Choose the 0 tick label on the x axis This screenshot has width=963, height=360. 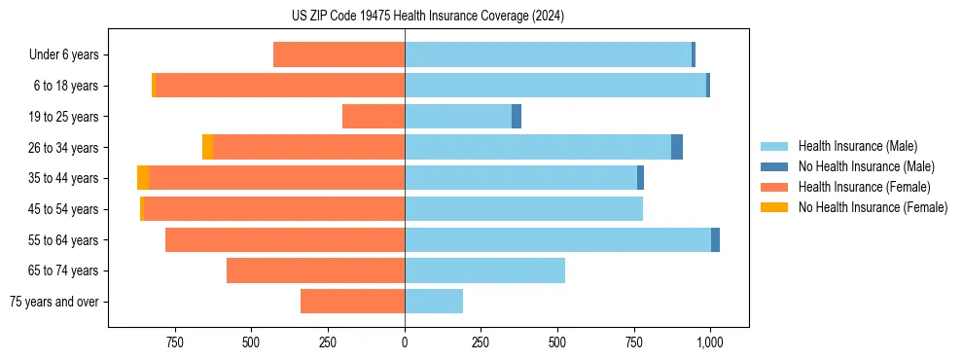click(x=405, y=342)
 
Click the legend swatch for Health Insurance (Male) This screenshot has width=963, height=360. click(x=774, y=146)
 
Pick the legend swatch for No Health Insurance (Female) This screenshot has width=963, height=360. click(x=774, y=207)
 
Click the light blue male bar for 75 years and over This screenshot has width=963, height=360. click(x=434, y=302)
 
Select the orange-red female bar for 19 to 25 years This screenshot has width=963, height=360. click(x=374, y=117)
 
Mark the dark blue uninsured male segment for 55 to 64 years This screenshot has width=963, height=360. click(x=715, y=240)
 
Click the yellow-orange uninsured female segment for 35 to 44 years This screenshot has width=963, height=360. click(x=143, y=178)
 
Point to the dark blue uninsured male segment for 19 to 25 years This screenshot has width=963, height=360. click(x=517, y=117)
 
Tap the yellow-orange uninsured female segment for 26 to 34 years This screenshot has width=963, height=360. click(x=207, y=147)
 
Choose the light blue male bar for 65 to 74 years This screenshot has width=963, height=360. click(x=484, y=270)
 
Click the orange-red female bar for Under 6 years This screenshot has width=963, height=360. click(x=339, y=55)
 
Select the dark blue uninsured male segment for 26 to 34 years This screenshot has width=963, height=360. click(x=677, y=147)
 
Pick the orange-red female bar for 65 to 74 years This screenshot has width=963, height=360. click(x=315, y=270)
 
